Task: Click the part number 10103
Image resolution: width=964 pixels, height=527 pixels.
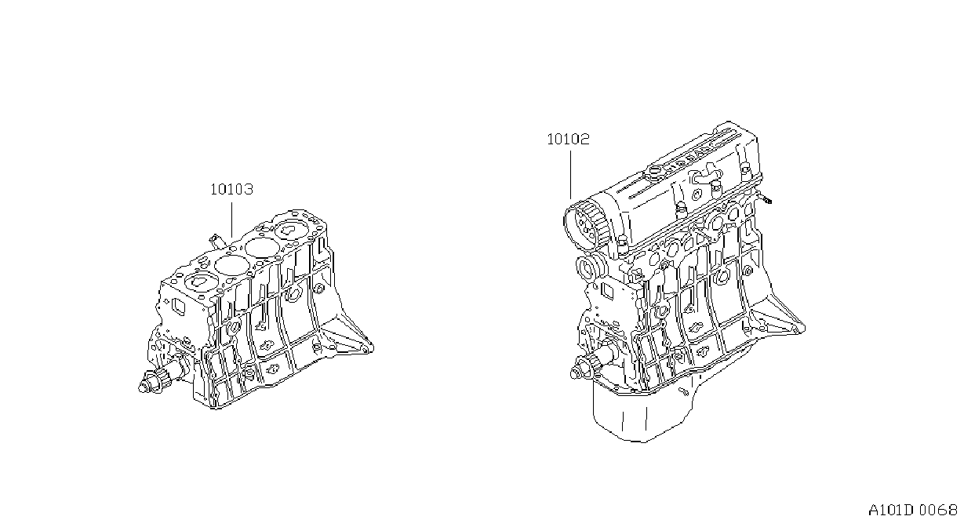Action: tap(231, 189)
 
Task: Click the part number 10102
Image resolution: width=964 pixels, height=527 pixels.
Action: tap(568, 139)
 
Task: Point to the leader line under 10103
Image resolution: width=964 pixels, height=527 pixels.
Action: tap(232, 220)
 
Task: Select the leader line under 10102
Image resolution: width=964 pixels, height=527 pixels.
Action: tap(571, 175)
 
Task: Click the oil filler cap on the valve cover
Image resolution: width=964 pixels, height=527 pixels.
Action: tap(653, 173)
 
